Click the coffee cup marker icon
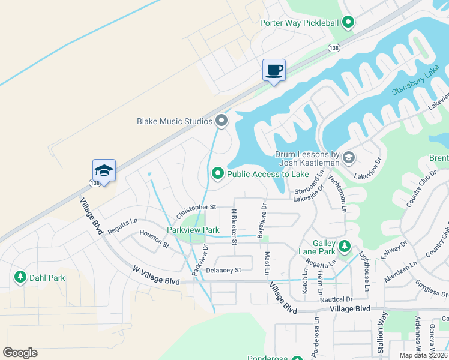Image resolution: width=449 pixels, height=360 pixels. tap(274, 70)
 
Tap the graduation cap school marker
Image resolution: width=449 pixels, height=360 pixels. tap(104, 170)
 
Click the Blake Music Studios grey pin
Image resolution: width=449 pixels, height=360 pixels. tap(222, 121)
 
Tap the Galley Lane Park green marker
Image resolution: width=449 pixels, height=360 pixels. tap(345, 245)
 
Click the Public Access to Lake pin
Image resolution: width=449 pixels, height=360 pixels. tap(217, 174)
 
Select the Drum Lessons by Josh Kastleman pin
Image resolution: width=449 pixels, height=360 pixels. tap(348, 158)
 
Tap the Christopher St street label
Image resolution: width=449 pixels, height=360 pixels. tap(196, 211)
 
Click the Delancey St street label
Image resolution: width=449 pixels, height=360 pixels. tap(223, 270)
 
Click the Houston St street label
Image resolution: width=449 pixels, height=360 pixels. tap(154, 238)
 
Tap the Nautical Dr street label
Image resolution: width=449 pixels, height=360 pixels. tap(336, 299)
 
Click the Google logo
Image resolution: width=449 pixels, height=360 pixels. tap(20, 353)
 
